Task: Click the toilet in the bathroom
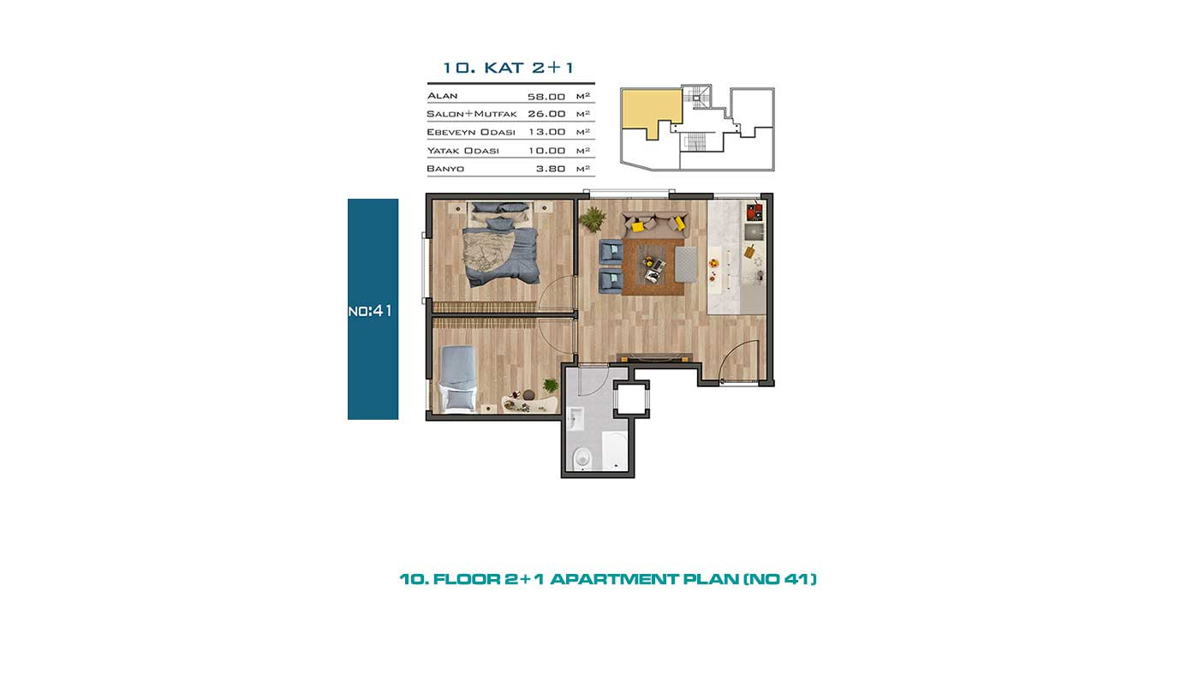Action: click(582, 459)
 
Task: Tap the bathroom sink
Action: click(576, 419)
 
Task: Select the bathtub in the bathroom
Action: click(615, 451)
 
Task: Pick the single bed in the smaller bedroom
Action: click(458, 379)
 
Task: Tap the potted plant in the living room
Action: click(593, 219)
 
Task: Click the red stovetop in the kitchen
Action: click(755, 212)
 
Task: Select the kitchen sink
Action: click(755, 232)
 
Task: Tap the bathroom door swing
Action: click(594, 380)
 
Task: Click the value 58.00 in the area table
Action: click(546, 97)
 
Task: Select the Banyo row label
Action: click(445, 169)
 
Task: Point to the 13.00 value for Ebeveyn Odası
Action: click(547, 132)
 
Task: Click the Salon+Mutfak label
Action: click(472, 113)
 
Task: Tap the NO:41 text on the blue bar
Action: click(370, 310)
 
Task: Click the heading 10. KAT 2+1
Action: click(508, 68)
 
